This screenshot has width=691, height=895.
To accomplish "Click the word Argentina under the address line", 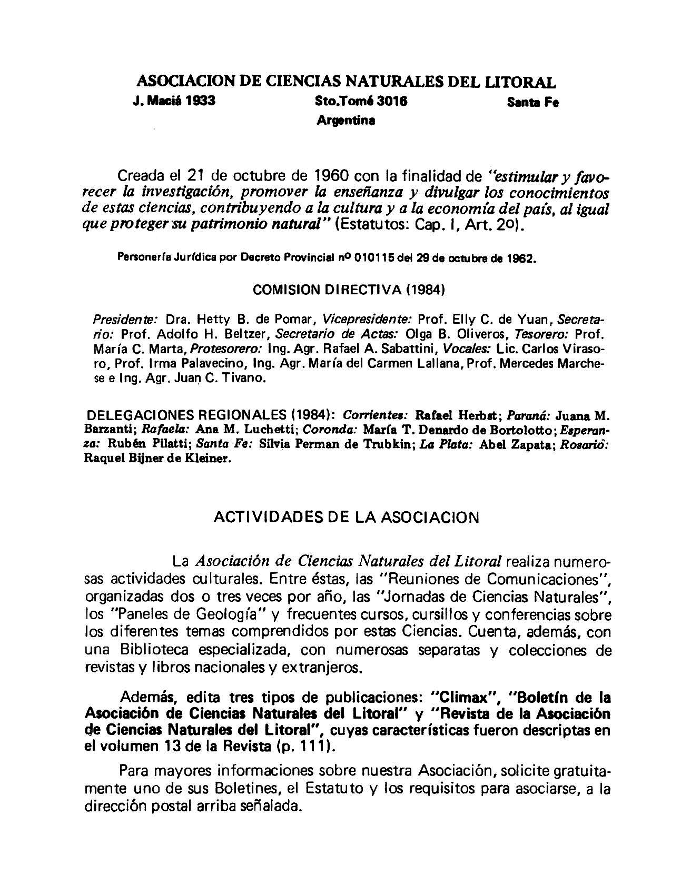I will coord(346,121).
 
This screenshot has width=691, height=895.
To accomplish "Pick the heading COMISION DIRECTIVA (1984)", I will coord(350,290).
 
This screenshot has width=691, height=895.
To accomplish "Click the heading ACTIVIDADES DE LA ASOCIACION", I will coord(346,518).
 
